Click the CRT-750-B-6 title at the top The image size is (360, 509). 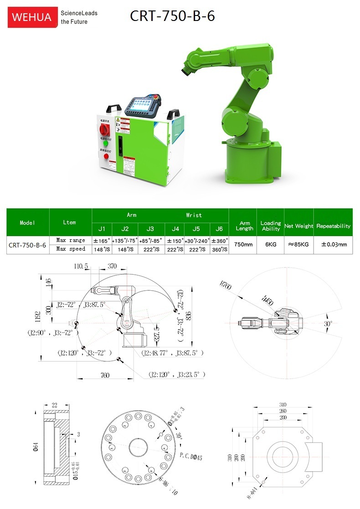[172, 16]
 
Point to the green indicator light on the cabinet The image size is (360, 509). [106, 144]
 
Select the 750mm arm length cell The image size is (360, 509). [243, 244]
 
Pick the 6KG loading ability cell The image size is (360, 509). [271, 244]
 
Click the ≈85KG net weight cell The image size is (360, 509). [299, 244]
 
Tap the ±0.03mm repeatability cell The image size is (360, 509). [334, 244]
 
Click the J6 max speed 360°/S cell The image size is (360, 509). [219, 249]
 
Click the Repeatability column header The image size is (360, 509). [334, 226]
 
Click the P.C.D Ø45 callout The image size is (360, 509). [191, 455]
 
